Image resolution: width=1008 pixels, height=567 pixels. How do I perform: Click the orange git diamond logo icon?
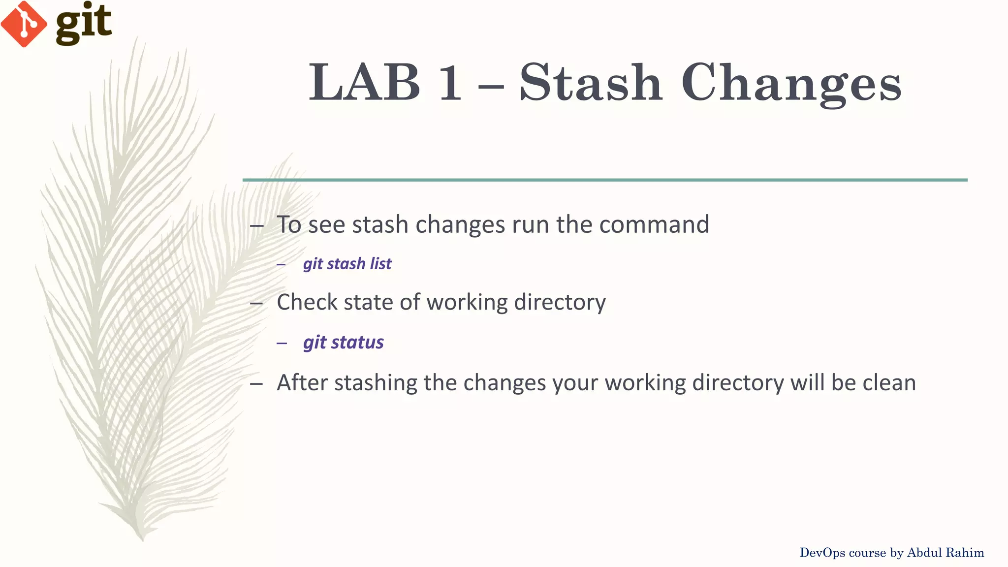click(x=24, y=24)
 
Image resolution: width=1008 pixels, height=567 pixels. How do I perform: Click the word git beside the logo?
click(x=84, y=24)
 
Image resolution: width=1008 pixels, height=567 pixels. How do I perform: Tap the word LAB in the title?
click(x=365, y=83)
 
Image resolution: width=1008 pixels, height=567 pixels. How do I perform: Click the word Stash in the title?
click(x=590, y=83)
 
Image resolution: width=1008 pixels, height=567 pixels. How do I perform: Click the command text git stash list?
click(x=347, y=264)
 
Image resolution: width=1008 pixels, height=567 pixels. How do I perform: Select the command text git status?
click(x=343, y=342)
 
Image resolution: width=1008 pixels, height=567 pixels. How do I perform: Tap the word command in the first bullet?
click(x=654, y=224)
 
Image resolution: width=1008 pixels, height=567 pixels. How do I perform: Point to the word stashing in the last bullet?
click(x=376, y=383)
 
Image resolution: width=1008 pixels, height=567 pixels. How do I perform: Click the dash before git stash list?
click(x=281, y=265)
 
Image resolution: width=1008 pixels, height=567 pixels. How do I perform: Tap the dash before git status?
click(x=282, y=343)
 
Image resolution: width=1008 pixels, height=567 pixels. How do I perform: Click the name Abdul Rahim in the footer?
click(x=945, y=553)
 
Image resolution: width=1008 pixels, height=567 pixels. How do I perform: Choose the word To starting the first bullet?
click(x=289, y=224)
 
